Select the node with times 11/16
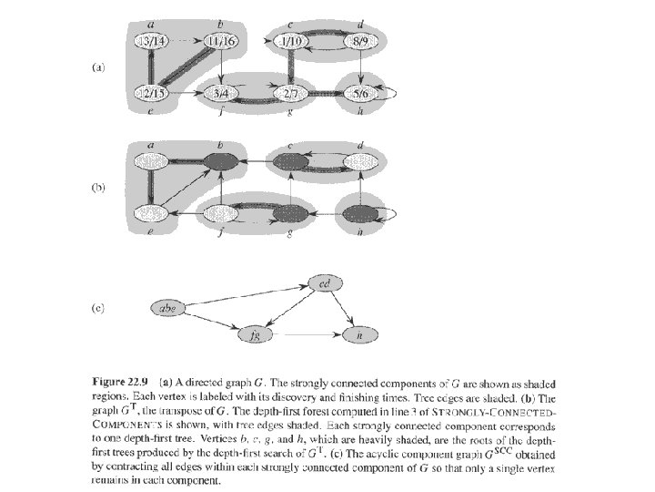(x=220, y=41)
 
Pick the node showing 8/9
(x=360, y=41)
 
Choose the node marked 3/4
(x=220, y=93)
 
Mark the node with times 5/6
(x=360, y=93)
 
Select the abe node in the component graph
(x=168, y=309)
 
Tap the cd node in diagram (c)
(x=325, y=282)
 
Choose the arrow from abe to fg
(x=211, y=322)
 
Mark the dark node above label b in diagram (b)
(x=220, y=161)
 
